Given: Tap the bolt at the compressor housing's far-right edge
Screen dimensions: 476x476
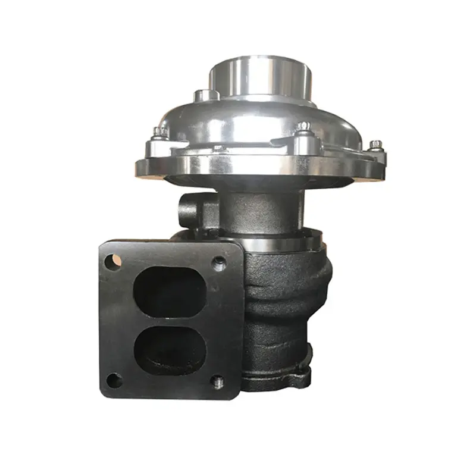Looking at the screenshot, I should point(375,145).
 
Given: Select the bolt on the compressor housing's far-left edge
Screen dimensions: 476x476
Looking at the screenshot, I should point(158,133).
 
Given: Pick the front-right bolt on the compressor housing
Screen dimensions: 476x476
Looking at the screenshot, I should point(304,127).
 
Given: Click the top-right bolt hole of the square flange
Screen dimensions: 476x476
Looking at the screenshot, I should point(219,261).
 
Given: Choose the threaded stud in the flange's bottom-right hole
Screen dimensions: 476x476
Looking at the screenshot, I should point(218,378).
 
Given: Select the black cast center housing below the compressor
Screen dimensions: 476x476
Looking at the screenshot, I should point(256,208).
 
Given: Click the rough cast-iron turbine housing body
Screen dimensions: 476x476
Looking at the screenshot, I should point(286,297).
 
